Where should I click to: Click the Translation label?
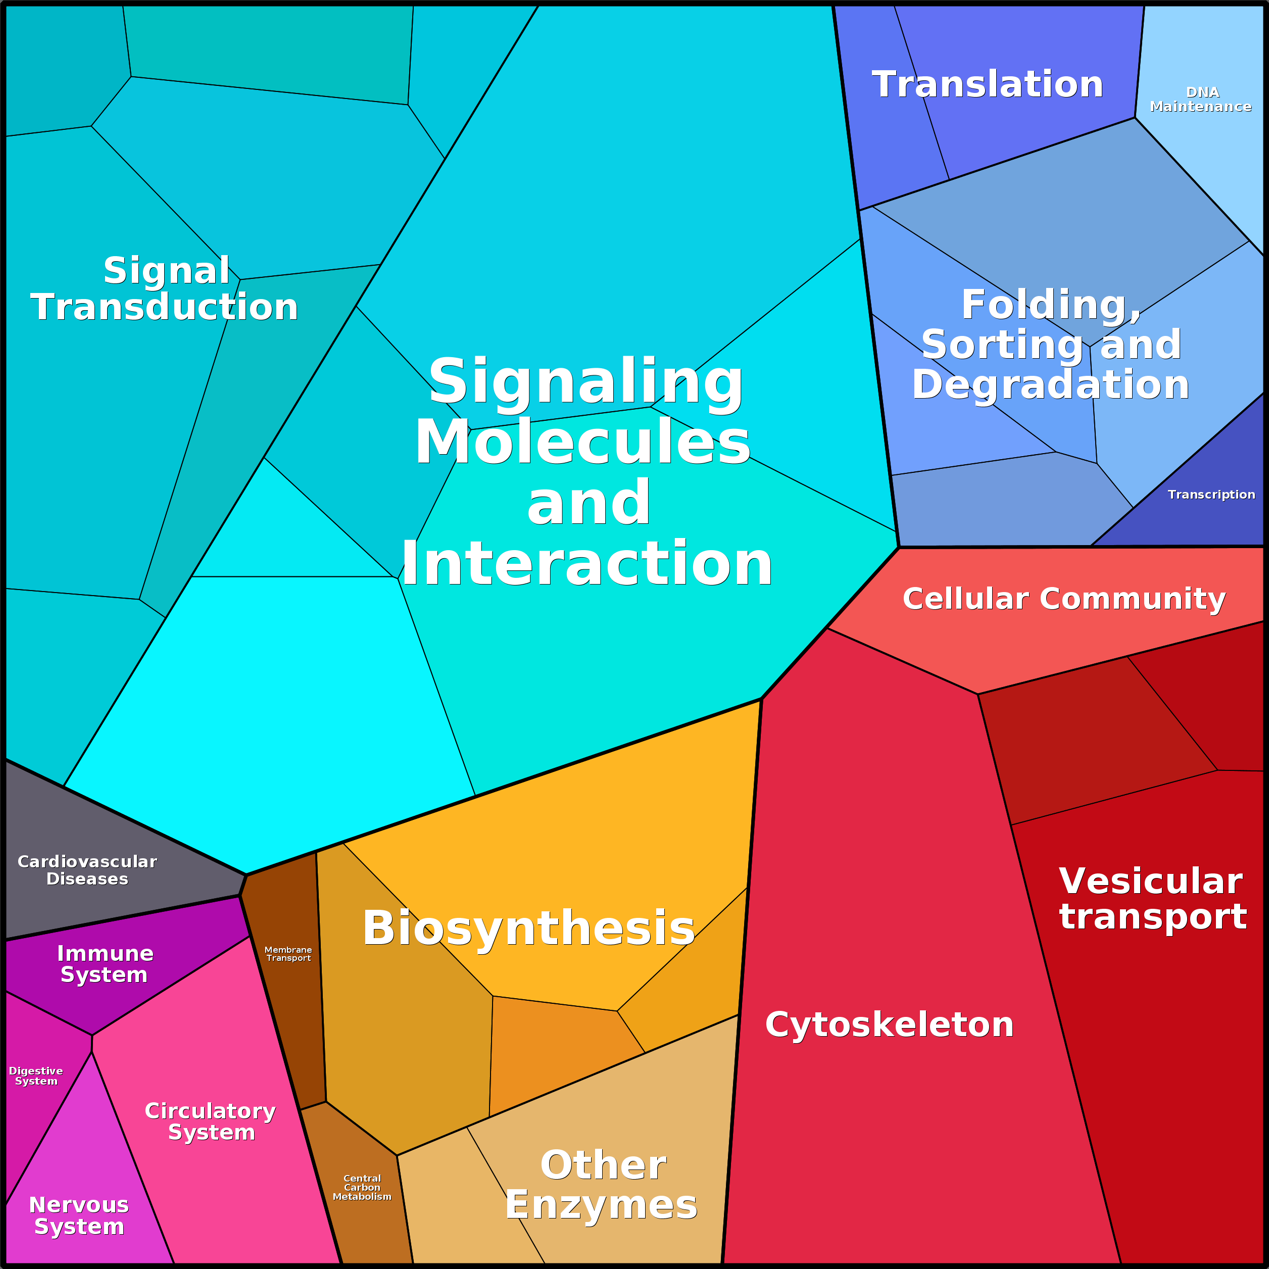click(x=987, y=85)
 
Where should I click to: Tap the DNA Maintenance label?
click(x=1201, y=99)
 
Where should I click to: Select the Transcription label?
click(x=1211, y=495)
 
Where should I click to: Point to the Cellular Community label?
click(x=1064, y=599)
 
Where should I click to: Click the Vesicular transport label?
click(x=1153, y=899)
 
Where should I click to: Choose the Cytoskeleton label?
click(x=889, y=1024)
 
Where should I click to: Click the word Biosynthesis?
click(x=529, y=928)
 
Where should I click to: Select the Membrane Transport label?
click(x=288, y=954)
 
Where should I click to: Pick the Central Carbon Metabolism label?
click(x=362, y=1188)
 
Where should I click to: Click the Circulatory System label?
click(x=210, y=1121)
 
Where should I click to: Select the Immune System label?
click(x=105, y=963)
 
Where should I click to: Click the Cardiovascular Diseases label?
click(x=87, y=870)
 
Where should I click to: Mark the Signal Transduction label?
click(x=164, y=289)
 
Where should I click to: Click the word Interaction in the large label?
click(x=587, y=564)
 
